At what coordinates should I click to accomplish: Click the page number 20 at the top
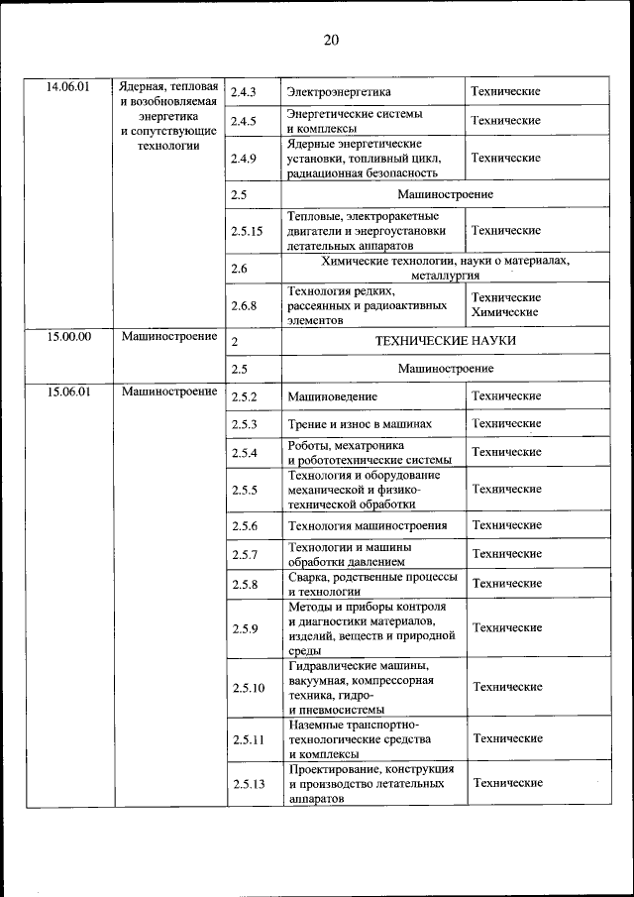330,40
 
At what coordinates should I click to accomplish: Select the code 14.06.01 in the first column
68,86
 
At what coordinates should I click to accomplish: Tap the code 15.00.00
68,337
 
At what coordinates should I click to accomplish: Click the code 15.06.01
68,392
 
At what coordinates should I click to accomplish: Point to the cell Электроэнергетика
339,92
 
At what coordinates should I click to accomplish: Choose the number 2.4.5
244,121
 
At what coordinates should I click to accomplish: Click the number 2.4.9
244,158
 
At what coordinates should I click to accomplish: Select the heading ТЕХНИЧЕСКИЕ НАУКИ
445,341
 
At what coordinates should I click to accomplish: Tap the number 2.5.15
247,231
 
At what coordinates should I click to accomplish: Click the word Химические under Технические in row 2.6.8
505,312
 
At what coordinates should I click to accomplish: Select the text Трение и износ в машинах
360,424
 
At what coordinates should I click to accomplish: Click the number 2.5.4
244,453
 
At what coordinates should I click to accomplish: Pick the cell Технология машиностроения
367,525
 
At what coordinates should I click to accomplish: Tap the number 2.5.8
244,585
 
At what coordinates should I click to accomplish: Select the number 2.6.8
244,306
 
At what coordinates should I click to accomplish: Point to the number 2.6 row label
239,269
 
